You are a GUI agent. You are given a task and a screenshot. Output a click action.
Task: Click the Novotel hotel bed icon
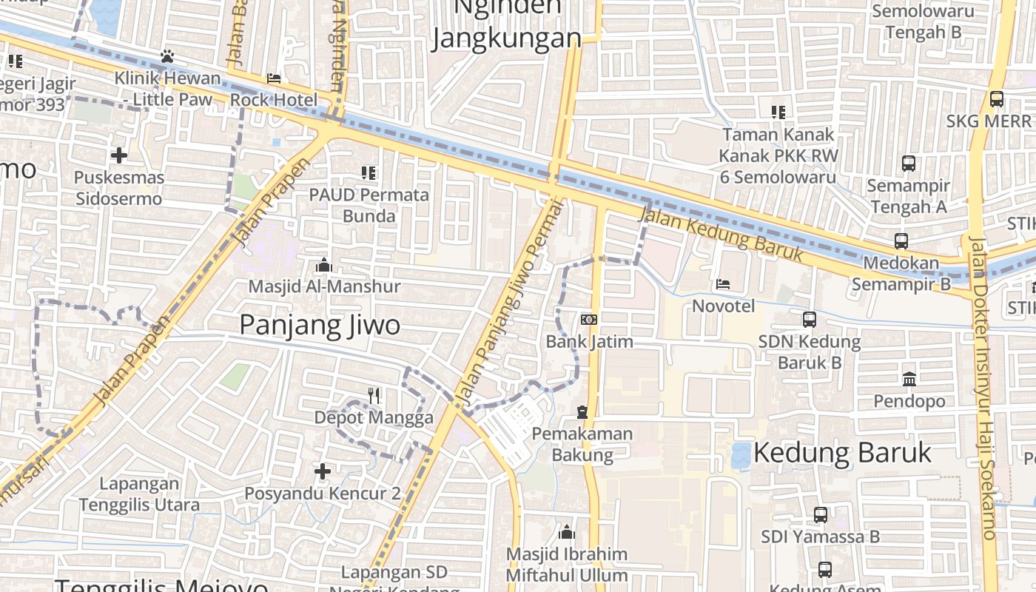[722, 284]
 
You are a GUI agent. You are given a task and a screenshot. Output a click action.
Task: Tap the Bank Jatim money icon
[589, 320]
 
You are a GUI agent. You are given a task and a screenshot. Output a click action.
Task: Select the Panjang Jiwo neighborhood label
[320, 326]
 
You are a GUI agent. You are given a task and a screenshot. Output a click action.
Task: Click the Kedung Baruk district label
[842, 452]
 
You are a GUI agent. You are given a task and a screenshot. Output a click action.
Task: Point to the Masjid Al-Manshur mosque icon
[323, 265]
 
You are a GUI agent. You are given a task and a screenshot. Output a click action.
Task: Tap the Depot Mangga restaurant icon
[374, 396]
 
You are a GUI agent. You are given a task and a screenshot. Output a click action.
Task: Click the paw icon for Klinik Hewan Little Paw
[167, 56]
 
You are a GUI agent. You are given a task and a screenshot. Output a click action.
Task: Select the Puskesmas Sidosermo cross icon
[118, 155]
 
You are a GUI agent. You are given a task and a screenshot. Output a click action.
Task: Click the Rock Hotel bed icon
[274, 78]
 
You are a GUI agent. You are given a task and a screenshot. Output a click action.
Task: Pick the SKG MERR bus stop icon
[996, 98]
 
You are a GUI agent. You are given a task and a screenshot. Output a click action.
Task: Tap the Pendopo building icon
[909, 380]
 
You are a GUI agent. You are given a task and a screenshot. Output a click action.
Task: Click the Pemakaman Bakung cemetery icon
[582, 411]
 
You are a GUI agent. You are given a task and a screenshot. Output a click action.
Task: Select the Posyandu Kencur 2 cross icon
[323, 471]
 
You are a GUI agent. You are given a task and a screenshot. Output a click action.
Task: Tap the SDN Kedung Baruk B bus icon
[810, 320]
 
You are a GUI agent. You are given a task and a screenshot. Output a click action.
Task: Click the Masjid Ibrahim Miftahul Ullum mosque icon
[567, 532]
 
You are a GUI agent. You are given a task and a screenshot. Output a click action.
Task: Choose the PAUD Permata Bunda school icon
[369, 173]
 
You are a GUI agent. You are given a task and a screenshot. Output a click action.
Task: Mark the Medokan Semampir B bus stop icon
[901, 241]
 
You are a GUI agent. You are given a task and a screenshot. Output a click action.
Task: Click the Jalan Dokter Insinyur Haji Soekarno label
[985, 388]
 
